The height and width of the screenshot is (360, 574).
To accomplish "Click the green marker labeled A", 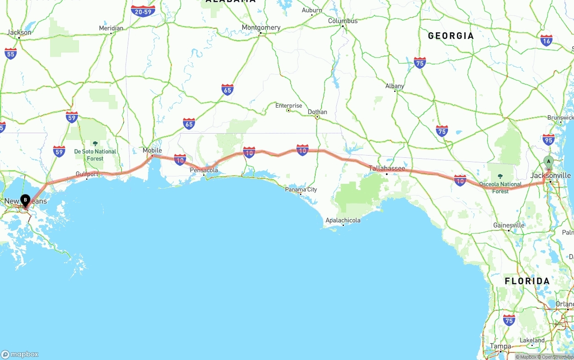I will [548, 162].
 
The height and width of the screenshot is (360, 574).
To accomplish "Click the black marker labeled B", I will [25, 200].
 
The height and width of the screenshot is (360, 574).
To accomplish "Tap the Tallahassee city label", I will [387, 169].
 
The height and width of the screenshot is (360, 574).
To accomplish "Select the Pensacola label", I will [204, 170].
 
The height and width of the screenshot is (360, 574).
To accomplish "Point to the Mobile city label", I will [152, 150].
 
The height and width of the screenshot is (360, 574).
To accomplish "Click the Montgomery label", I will [261, 27].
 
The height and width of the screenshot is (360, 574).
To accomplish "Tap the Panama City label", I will [301, 190].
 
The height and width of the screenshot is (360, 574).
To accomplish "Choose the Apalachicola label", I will [343, 220].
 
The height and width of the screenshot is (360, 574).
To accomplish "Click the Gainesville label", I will [509, 225].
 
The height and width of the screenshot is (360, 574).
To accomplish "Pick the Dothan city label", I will [317, 112].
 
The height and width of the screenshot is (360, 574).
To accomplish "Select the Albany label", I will [395, 86].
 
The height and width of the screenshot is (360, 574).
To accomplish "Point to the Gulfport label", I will [87, 174].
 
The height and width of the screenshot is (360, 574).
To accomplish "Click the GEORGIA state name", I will [451, 36].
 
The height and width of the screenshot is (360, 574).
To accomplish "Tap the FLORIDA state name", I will [527, 281].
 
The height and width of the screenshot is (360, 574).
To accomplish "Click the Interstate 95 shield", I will [548, 139].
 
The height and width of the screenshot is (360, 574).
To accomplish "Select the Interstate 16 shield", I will [546, 41].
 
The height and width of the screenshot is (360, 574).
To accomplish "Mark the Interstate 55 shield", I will [11, 54].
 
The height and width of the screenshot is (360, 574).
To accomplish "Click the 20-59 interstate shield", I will [143, 11].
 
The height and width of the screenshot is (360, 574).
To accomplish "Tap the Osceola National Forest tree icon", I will [500, 176].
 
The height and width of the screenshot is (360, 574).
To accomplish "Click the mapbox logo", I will [20, 354].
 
